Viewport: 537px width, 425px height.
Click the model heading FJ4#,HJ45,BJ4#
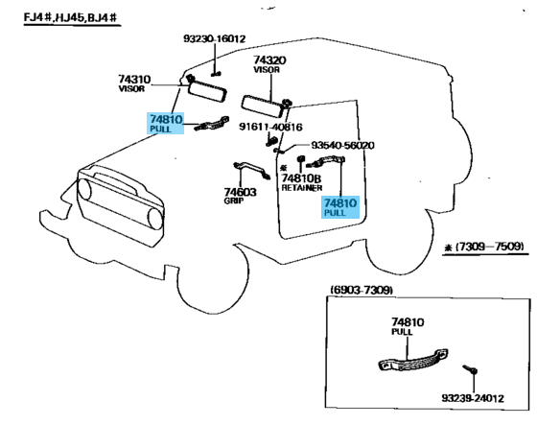point(72,17)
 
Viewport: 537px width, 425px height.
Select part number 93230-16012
point(215,38)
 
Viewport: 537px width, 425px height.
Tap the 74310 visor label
point(134,83)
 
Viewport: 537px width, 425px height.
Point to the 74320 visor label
point(269,64)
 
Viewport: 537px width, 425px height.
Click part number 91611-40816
point(270,128)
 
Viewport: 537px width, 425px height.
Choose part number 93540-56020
point(342,145)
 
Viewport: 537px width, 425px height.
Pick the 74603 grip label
point(240,196)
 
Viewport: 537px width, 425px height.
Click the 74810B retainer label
point(302,182)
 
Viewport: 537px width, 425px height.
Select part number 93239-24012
point(473,398)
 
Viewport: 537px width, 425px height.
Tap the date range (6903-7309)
point(362,291)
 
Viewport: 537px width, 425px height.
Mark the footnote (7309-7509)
point(484,247)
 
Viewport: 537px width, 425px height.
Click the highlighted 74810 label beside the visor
point(166,123)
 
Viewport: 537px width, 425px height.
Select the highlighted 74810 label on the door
point(340,207)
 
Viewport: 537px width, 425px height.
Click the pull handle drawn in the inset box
point(413,360)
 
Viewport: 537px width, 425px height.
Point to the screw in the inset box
point(470,369)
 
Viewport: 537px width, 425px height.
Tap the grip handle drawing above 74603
point(251,169)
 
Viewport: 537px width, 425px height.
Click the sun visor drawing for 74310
point(207,90)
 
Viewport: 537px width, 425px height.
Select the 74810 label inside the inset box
point(408,326)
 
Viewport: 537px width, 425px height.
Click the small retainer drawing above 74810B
point(301,158)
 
